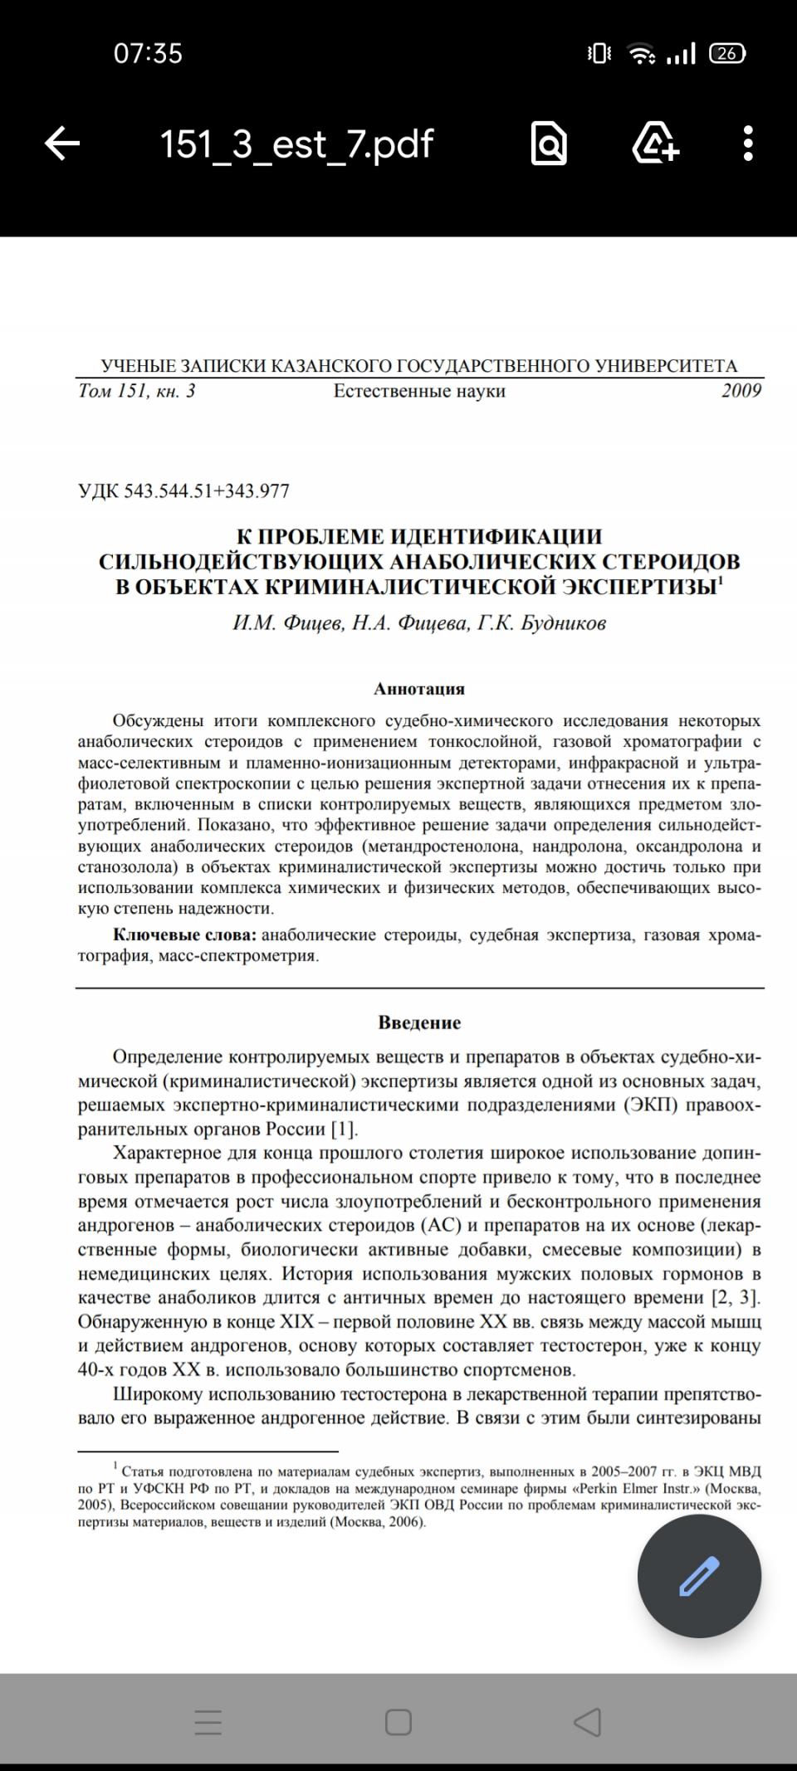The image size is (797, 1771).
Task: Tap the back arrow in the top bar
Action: coord(62,144)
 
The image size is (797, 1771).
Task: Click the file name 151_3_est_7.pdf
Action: coord(296,144)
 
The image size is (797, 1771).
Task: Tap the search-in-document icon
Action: coord(548,144)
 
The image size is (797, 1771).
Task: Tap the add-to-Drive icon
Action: coord(655,144)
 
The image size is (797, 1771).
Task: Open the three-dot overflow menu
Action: coord(748,144)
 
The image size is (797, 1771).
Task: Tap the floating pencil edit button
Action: coord(699,1575)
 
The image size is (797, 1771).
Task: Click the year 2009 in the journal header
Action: coord(741,391)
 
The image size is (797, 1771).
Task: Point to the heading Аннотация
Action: coord(419,689)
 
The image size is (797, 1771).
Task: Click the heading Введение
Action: coord(419,1022)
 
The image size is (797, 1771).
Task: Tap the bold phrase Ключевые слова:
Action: coord(184,935)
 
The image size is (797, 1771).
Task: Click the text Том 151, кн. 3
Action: coord(137,391)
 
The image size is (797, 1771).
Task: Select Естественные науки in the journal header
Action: coord(419,391)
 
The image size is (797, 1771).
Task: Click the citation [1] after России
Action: coord(344,1129)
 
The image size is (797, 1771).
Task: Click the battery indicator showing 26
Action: coord(727,54)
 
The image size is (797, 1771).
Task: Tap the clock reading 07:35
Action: coord(148,54)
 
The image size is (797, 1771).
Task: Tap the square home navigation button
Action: coord(398,1722)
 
